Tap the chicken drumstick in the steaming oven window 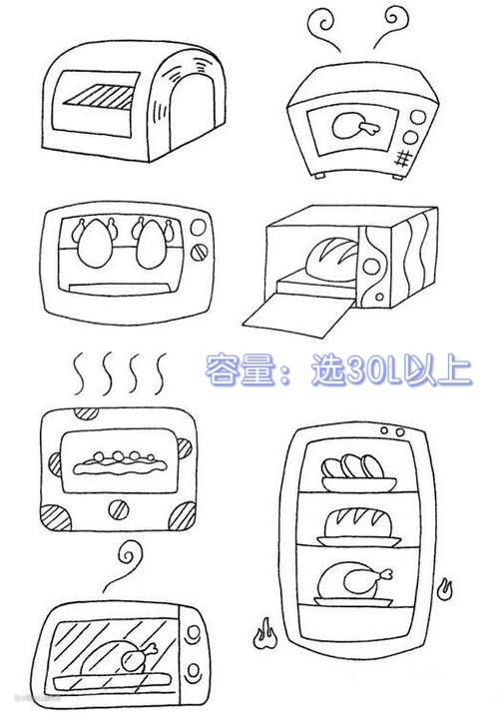[356, 126]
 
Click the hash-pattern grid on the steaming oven [402, 159]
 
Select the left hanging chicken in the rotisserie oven [95, 243]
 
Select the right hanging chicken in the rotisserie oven [152, 243]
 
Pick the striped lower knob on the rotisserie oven [199, 252]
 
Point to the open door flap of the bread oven [298, 316]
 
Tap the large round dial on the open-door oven [371, 267]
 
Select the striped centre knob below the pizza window [119, 509]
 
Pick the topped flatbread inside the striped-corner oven [120, 464]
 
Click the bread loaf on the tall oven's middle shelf [359, 527]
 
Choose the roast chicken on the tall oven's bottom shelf [353, 584]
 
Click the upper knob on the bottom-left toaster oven [194, 632]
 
